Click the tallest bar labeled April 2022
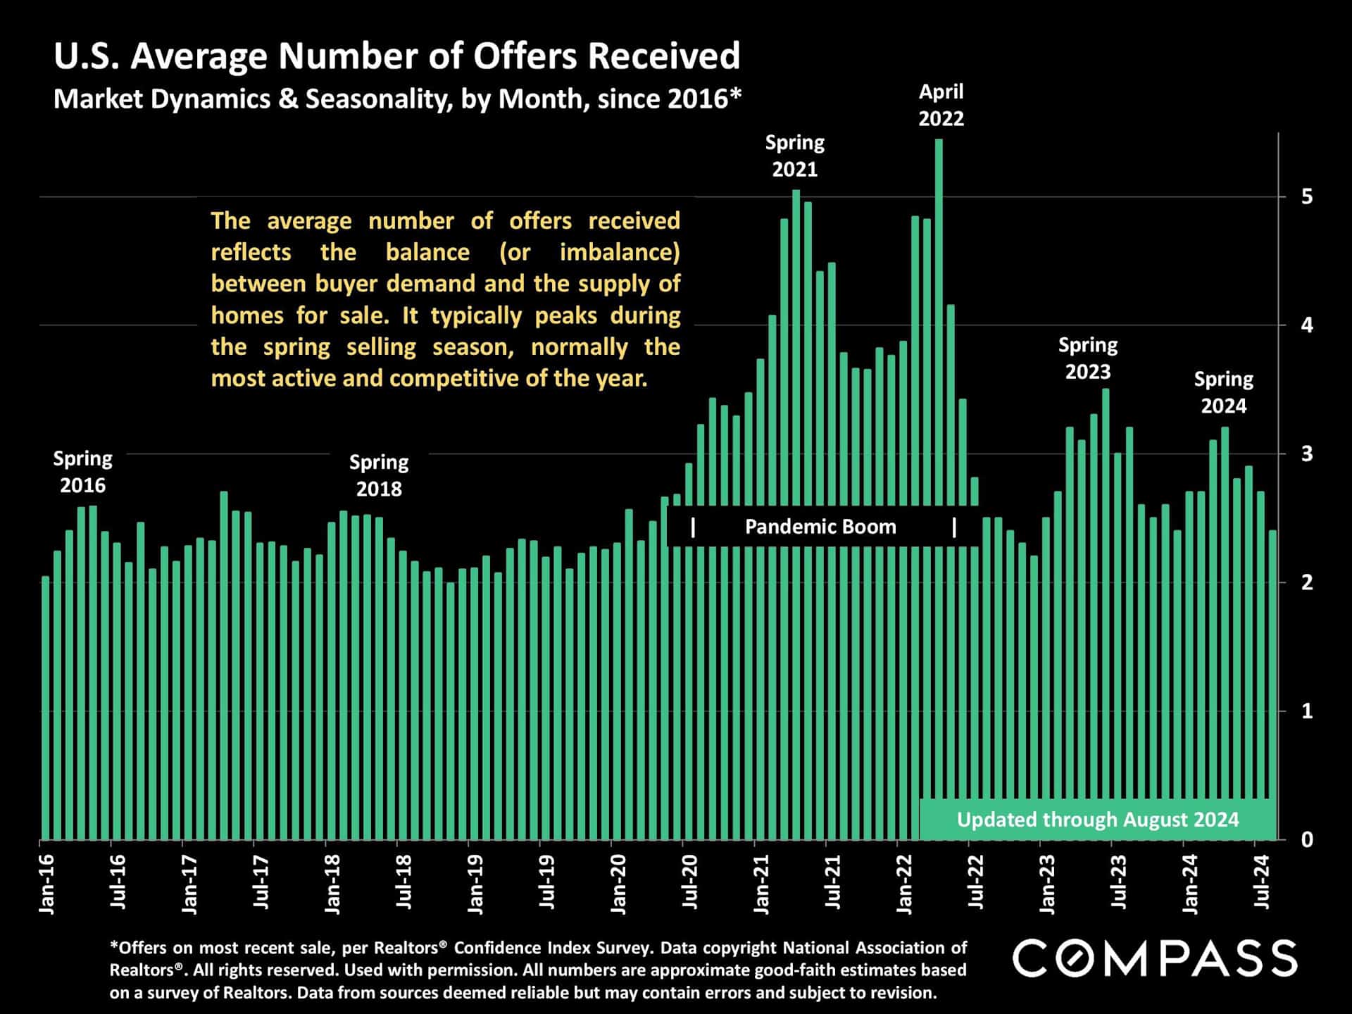pos(939,317)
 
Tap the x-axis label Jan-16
pos(47,884)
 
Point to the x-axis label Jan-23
pos(1047,884)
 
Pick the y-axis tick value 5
pos(1307,196)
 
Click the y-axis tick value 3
pos(1307,454)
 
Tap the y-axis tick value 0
pos(1307,839)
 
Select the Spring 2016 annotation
pos(82,472)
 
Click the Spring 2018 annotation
pos(379,475)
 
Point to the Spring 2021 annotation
pos(794,156)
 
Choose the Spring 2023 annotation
pos(1088,358)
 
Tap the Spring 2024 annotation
pos(1223,392)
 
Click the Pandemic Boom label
pos(820,527)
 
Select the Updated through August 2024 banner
pos(1097,820)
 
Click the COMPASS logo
pos(1155,958)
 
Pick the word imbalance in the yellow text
pos(620,252)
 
